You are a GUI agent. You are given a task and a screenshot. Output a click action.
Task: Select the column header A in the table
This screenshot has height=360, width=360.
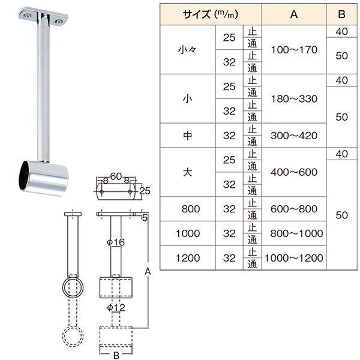[x=293, y=15]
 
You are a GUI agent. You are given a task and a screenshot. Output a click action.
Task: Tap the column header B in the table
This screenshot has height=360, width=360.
[x=342, y=15]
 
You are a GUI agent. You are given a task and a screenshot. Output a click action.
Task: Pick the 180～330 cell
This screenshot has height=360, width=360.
[x=293, y=98]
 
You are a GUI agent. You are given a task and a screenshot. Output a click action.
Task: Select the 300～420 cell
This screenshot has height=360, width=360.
[x=293, y=136]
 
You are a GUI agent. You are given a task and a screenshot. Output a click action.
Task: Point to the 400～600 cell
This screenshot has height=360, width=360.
[x=293, y=172]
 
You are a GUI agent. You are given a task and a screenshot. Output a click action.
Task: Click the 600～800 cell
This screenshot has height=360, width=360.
[x=293, y=209]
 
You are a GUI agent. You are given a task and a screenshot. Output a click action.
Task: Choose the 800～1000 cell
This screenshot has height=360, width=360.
[x=293, y=233]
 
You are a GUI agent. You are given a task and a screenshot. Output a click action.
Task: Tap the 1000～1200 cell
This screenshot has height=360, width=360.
[x=293, y=258]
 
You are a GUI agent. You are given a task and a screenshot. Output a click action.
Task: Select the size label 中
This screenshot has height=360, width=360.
[x=188, y=136]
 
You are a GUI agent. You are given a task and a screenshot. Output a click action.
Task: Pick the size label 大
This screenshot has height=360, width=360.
[x=188, y=172]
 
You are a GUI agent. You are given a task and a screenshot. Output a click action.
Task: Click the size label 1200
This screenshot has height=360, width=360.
[x=188, y=258]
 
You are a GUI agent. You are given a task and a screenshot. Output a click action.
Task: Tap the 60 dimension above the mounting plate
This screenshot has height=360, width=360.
[x=116, y=175]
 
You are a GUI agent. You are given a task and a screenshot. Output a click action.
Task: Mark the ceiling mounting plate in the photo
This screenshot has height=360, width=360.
[x=42, y=16]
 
